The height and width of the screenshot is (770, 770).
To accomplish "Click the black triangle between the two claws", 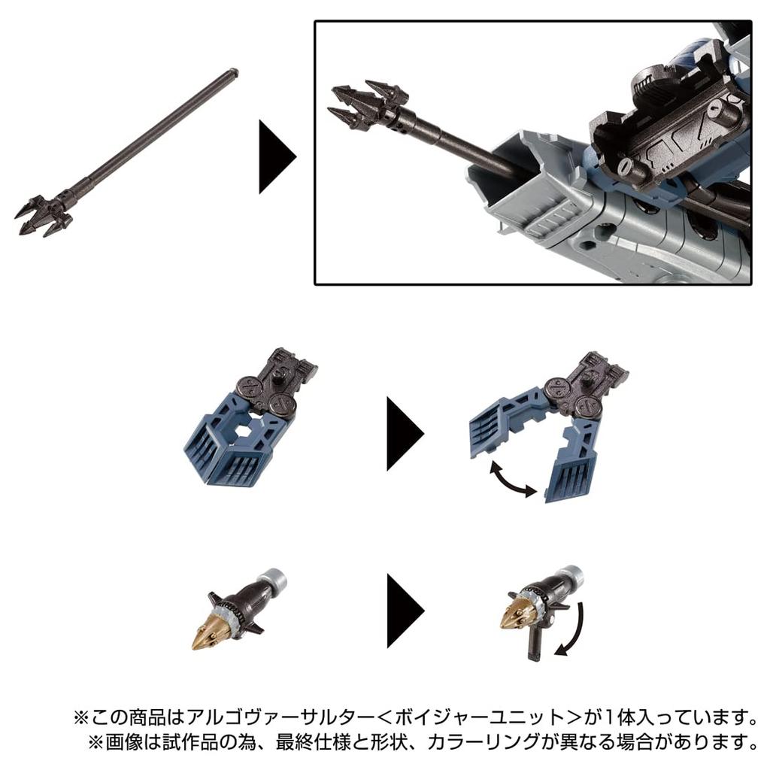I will tap(403, 434).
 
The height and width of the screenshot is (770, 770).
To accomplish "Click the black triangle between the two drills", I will tap(403, 610).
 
